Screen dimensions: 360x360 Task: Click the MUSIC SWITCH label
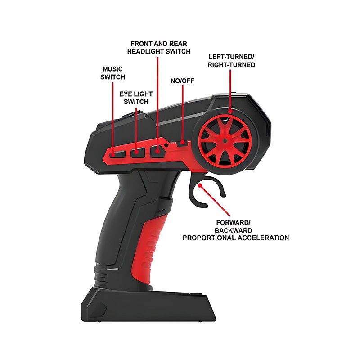(112, 73)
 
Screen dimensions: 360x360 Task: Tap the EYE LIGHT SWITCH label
(136, 98)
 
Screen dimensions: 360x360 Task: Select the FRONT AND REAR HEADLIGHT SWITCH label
(158, 47)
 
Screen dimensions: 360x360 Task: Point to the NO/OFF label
(182, 81)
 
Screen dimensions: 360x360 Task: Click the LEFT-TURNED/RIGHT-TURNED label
(231, 61)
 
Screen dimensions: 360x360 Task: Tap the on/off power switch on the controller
(182, 143)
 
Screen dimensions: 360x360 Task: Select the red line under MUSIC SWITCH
(112, 117)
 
